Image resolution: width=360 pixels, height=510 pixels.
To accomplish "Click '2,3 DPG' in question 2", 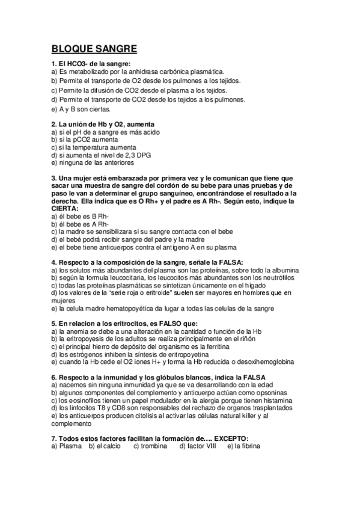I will click(136, 155).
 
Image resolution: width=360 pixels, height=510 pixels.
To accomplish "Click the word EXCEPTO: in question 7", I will click(224, 438).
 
